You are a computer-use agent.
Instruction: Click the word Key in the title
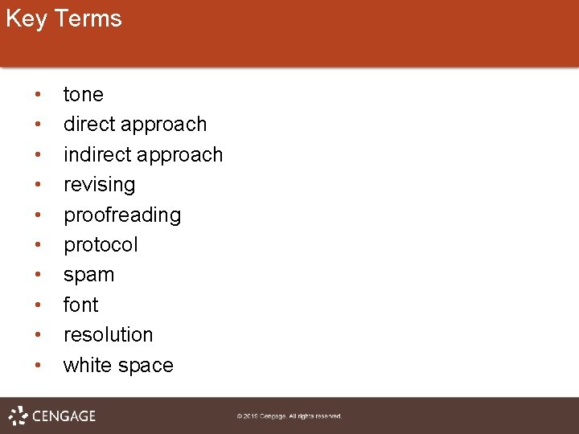coord(26,18)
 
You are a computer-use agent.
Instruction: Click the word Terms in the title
coord(88,18)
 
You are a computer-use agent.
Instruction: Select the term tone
coord(84,95)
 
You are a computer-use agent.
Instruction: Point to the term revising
coord(100,185)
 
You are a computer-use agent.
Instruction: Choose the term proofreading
coord(122,215)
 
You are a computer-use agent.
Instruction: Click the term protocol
coord(101,245)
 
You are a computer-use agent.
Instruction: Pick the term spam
coord(88,275)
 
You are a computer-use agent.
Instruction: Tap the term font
coord(80,305)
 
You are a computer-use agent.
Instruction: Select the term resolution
coord(108,334)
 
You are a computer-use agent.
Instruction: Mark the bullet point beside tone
coord(38,95)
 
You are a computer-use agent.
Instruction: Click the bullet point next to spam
coord(38,275)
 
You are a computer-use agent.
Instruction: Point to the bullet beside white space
coord(38,365)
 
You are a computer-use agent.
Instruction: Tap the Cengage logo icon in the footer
coord(18,416)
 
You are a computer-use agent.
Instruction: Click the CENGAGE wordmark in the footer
coord(64,416)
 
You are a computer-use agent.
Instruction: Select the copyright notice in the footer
coord(289,416)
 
